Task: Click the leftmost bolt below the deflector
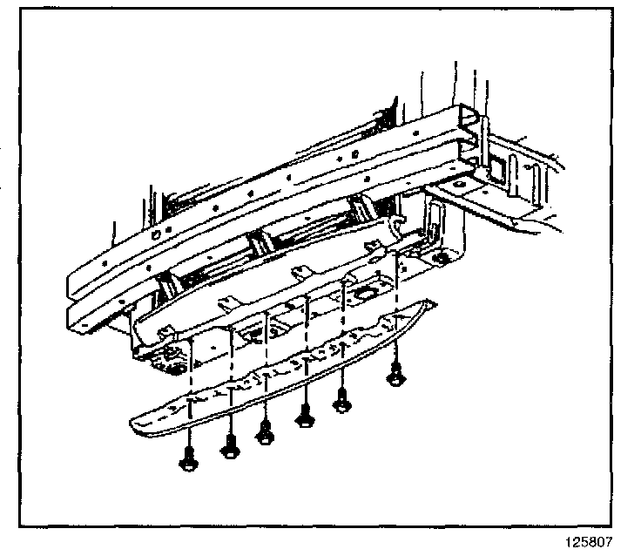(188, 459)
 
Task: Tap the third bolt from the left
(266, 431)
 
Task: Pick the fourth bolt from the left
(306, 417)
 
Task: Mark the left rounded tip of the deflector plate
(135, 425)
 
